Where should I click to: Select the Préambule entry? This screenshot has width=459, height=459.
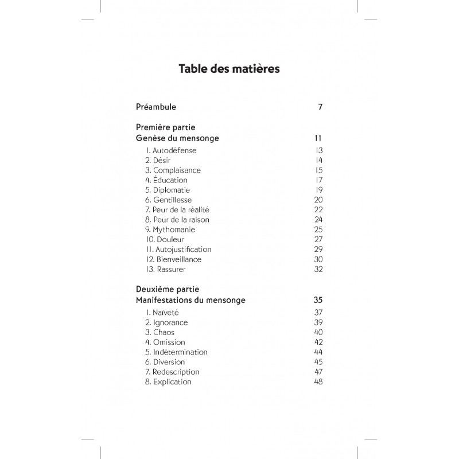click(x=156, y=107)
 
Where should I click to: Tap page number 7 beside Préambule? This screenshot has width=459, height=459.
click(x=320, y=107)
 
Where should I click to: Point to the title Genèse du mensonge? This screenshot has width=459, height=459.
click(x=177, y=138)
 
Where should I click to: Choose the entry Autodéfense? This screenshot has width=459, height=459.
click(x=171, y=150)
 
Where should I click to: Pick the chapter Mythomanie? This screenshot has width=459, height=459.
click(x=170, y=229)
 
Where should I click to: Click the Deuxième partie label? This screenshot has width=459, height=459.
click(x=167, y=289)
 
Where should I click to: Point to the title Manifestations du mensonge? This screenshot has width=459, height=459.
click(x=191, y=300)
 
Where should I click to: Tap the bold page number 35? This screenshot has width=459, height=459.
click(x=318, y=300)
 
